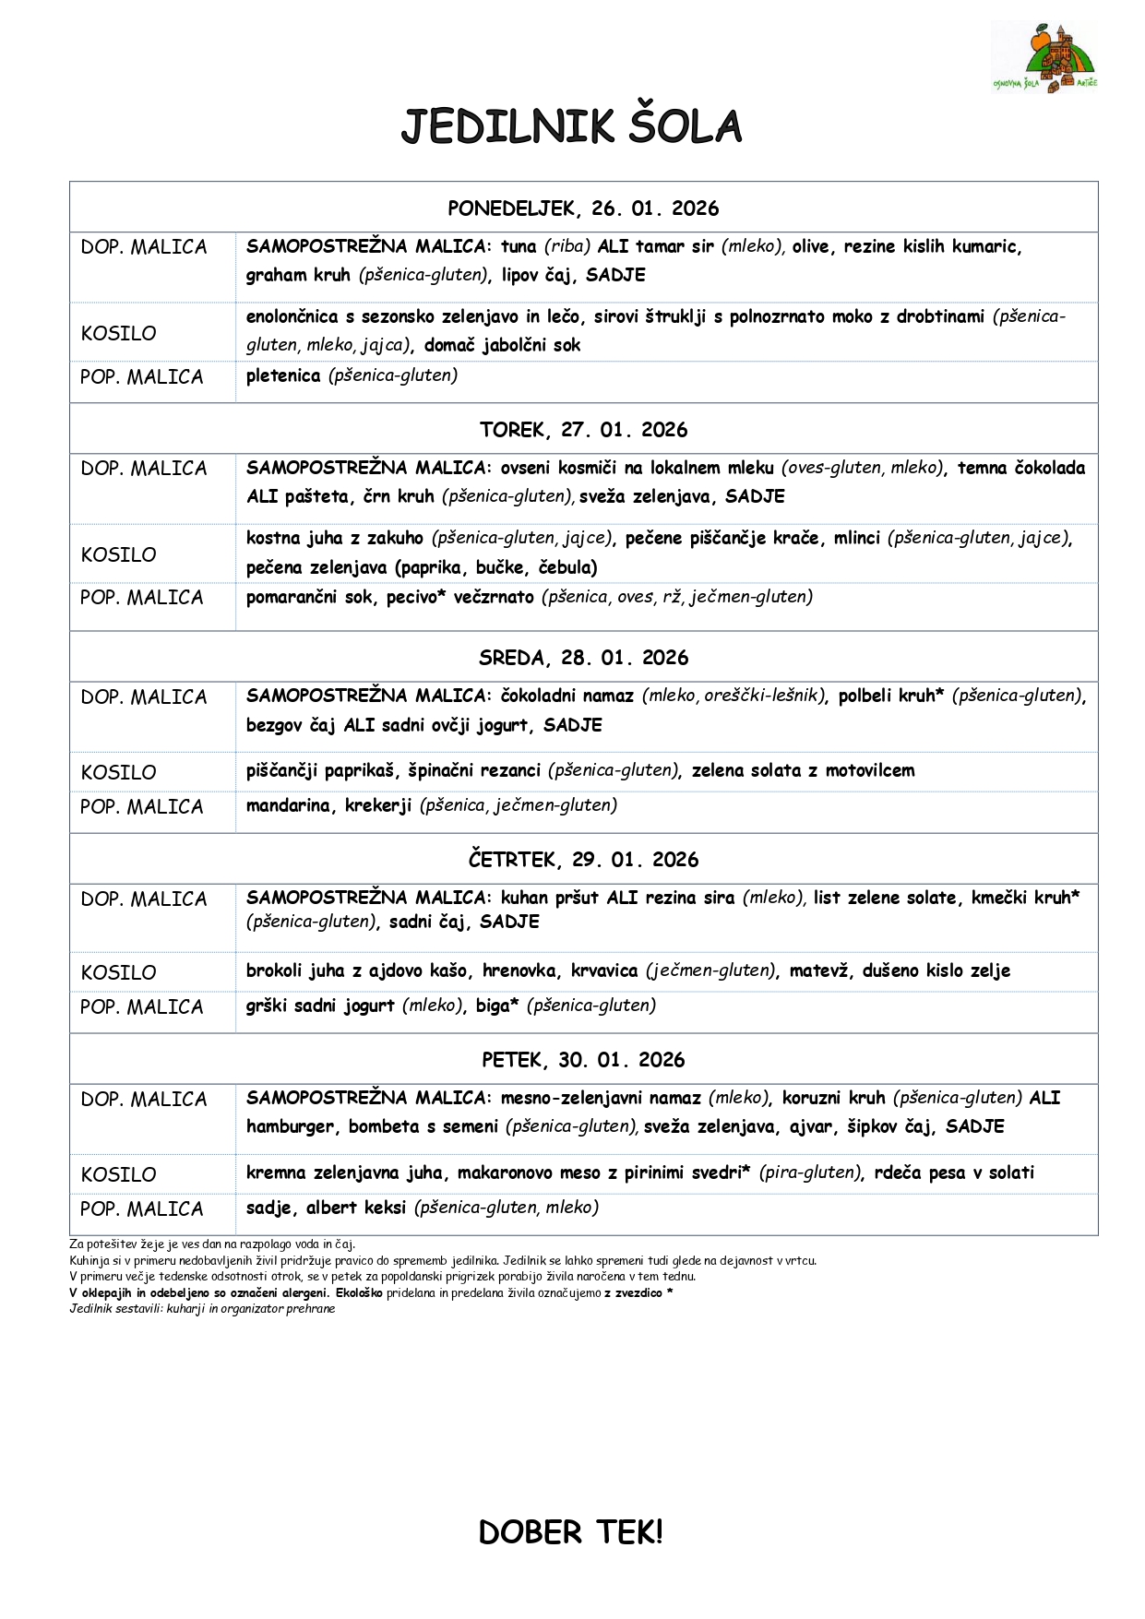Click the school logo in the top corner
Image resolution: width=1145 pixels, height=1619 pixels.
(x=1044, y=57)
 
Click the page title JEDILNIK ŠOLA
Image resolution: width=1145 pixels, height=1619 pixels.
(x=571, y=127)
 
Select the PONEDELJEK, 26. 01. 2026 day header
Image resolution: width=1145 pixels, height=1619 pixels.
(x=583, y=208)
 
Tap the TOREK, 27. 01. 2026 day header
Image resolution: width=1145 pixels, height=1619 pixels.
(x=583, y=430)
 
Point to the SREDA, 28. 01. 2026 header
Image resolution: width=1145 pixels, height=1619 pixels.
(x=583, y=658)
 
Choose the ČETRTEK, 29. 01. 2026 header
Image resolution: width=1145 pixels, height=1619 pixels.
(x=583, y=860)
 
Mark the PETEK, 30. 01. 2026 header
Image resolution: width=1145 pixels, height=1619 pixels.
(x=583, y=1060)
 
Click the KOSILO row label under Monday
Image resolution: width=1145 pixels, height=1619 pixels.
(x=119, y=333)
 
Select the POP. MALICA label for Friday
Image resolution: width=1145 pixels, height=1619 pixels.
(x=142, y=1208)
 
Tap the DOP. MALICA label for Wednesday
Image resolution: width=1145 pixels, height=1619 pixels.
(x=144, y=697)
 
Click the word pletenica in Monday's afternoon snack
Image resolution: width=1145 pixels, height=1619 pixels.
(x=283, y=375)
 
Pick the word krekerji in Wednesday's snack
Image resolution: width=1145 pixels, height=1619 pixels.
(x=378, y=805)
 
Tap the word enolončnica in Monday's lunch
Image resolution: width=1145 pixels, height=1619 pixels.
(x=292, y=316)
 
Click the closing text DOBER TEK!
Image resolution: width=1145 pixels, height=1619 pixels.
(x=571, y=1532)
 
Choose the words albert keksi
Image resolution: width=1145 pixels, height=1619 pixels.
(x=356, y=1208)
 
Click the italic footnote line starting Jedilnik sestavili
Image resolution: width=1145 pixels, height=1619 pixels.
(x=202, y=1309)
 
